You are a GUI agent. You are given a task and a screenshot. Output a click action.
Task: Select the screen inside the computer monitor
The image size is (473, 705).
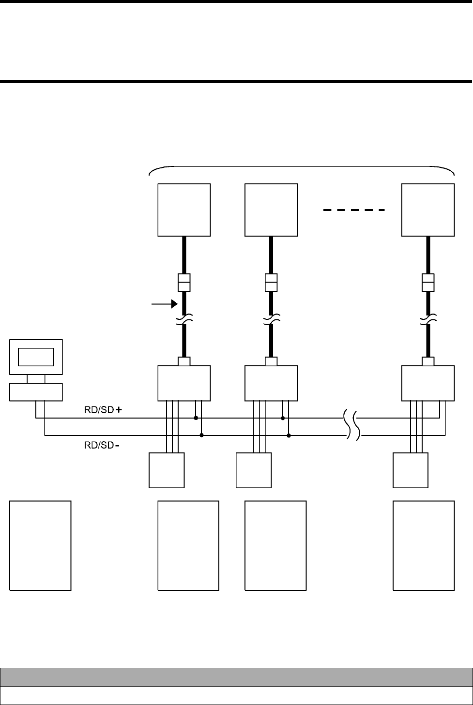(36, 357)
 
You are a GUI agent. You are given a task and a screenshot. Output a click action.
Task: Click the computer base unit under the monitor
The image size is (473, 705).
(36, 391)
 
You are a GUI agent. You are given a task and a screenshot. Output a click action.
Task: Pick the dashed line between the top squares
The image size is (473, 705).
(354, 210)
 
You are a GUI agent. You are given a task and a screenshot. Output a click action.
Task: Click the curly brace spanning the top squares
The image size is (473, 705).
(301, 170)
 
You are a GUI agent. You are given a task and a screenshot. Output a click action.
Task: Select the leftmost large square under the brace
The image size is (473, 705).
(184, 210)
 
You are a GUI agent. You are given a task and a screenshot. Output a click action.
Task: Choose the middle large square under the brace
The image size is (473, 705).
(271, 210)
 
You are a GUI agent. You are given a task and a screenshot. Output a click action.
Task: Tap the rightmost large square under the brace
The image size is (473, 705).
(428, 210)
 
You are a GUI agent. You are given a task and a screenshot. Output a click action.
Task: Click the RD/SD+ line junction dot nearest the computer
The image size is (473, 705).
(196, 418)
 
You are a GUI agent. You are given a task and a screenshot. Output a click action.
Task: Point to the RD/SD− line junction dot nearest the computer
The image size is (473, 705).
(201, 435)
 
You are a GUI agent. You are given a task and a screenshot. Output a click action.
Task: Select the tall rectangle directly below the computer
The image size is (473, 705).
(41, 545)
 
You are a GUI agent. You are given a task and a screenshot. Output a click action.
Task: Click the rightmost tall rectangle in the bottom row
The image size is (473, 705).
(424, 545)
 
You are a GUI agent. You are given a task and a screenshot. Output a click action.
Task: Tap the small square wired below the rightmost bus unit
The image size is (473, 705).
(410, 470)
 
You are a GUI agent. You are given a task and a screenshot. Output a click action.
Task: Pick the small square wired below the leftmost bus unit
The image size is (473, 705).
(167, 470)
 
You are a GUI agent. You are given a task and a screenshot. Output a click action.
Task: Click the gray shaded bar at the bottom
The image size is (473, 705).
(236, 676)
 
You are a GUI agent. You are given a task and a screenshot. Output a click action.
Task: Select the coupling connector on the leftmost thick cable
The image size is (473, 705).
(184, 282)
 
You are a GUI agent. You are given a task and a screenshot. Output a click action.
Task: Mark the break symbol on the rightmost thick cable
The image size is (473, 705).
(428, 319)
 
